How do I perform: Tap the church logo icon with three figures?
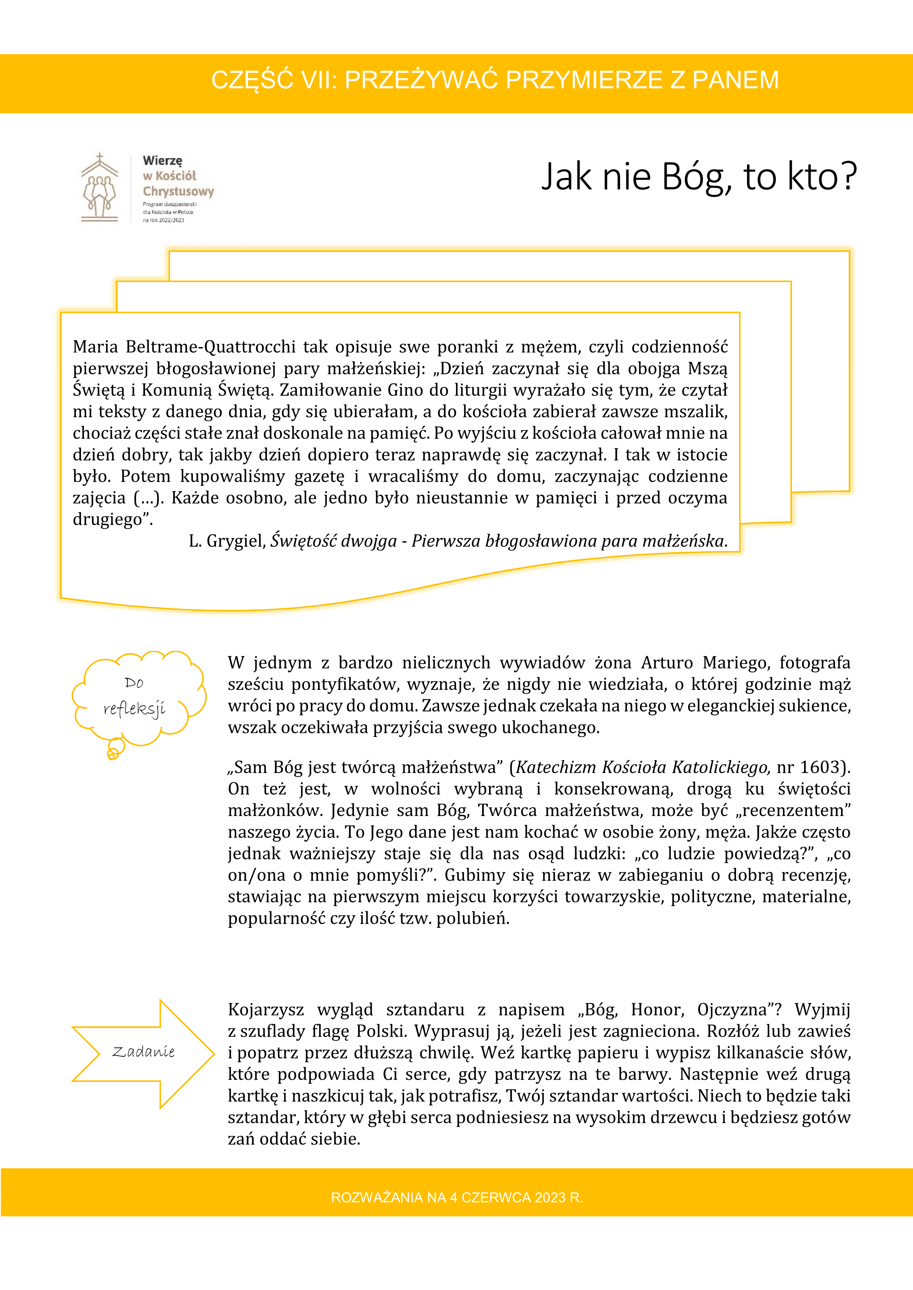[x=99, y=189]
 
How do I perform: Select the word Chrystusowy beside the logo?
[x=178, y=192]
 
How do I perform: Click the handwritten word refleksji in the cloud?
[x=134, y=709]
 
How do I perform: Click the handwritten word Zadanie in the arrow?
[x=144, y=1052]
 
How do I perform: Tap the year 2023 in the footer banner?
[x=551, y=1197]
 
